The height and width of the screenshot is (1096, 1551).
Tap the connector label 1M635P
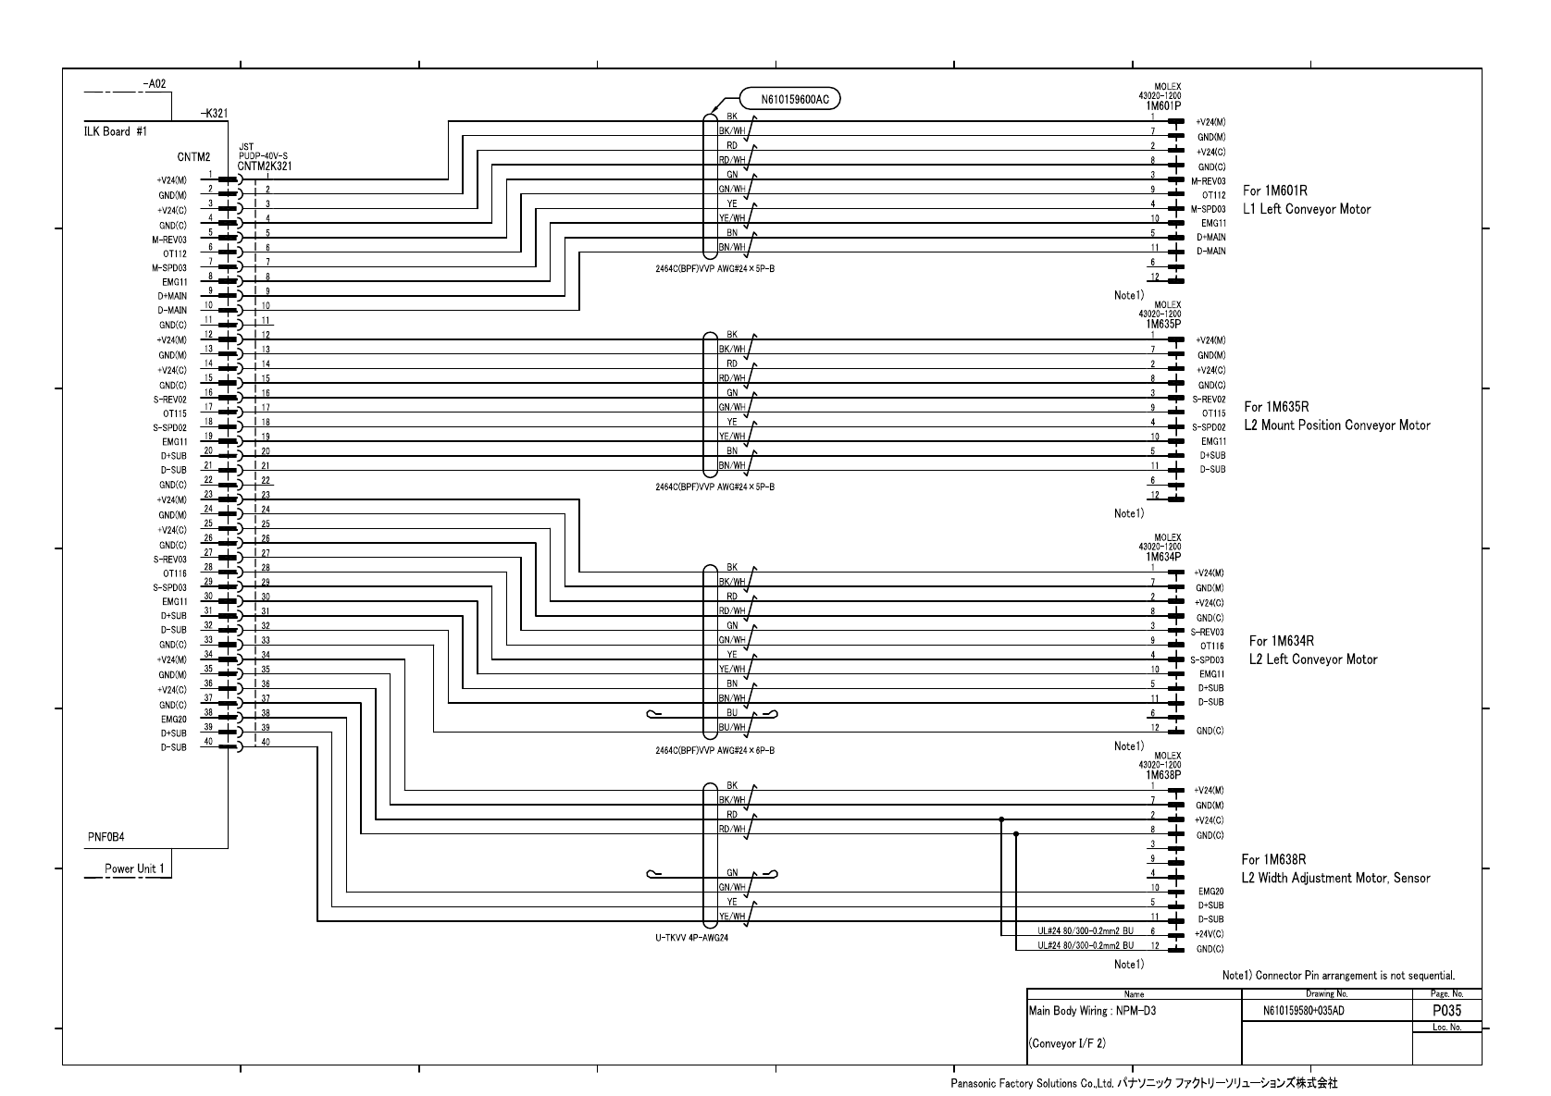(1162, 325)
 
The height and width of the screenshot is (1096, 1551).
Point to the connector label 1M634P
(1162, 558)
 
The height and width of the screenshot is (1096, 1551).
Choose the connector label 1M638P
(1162, 775)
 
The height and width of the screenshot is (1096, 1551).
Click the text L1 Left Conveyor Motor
(1306, 210)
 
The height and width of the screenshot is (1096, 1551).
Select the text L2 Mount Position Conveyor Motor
(1336, 426)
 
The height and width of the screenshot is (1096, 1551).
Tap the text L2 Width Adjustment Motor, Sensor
(1334, 879)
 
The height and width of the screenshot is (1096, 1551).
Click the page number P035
(1446, 1012)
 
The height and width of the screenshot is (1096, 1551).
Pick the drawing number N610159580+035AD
(1303, 1012)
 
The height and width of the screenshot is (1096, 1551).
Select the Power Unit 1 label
(134, 869)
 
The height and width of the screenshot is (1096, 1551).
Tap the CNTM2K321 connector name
(265, 166)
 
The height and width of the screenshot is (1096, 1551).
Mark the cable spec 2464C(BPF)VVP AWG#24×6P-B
(714, 751)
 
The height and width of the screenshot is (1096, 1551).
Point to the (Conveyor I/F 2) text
(1066, 1044)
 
